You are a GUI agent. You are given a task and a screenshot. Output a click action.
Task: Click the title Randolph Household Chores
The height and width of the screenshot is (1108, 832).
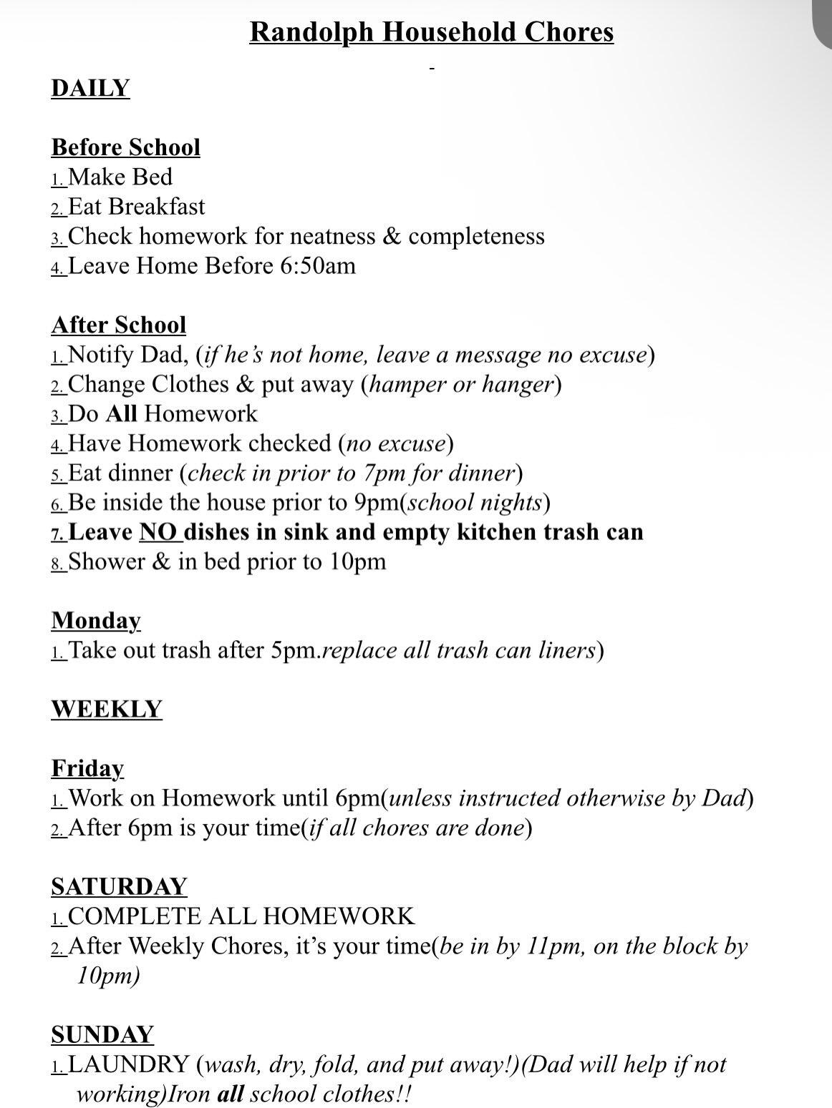(431, 32)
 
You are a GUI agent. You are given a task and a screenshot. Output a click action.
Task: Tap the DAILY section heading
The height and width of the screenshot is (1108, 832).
(90, 88)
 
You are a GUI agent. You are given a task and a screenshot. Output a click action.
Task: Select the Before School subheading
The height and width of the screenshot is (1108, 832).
(125, 147)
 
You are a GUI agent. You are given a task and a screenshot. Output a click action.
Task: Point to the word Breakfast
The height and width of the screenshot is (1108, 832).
(157, 207)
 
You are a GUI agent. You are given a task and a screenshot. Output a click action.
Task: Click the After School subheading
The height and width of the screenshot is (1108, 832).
(118, 325)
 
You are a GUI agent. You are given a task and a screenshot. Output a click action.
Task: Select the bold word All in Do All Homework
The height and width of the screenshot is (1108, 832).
(121, 414)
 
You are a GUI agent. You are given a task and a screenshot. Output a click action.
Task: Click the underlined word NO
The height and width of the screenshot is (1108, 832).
(158, 532)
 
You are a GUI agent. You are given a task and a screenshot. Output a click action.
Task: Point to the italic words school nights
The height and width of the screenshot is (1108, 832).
(474, 503)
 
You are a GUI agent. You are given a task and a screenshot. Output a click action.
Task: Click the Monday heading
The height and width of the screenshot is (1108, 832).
(96, 620)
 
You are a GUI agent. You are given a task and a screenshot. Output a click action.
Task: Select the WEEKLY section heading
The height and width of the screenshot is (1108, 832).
(107, 709)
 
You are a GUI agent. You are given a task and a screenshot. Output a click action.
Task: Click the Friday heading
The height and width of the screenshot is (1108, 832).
(87, 768)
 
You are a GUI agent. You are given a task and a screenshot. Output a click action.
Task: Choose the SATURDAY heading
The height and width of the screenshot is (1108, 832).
(118, 887)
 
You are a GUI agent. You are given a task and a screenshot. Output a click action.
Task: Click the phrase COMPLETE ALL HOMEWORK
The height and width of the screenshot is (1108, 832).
(241, 916)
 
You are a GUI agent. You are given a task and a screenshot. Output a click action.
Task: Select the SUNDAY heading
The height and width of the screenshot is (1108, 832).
(102, 1034)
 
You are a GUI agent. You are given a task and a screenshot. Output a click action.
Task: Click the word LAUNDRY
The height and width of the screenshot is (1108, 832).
(128, 1064)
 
